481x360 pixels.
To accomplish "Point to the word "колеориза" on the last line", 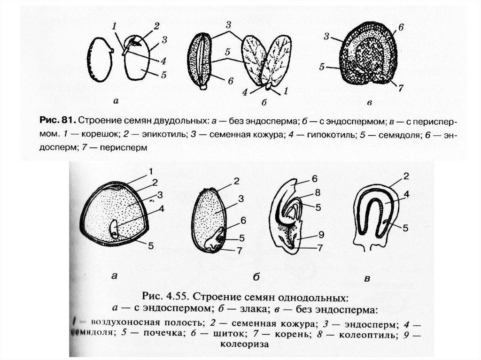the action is (x=244, y=344).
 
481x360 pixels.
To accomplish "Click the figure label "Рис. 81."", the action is (x=56, y=122).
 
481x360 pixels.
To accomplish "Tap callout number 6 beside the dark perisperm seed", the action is (x=401, y=27).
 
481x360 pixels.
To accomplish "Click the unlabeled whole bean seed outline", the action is (x=101, y=60).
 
